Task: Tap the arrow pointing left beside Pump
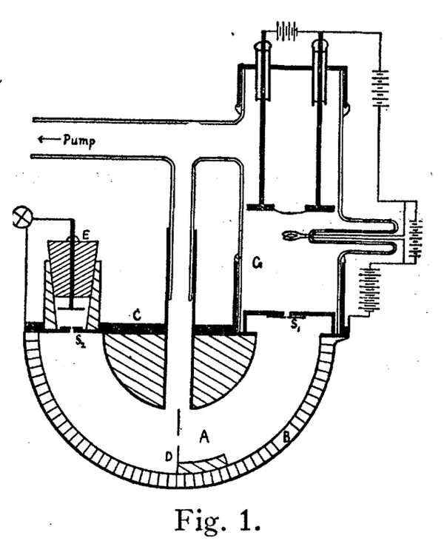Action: point(47,138)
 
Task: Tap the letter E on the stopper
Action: point(87,235)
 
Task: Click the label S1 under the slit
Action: point(295,325)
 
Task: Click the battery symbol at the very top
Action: point(286,31)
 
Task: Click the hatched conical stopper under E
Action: point(73,259)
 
